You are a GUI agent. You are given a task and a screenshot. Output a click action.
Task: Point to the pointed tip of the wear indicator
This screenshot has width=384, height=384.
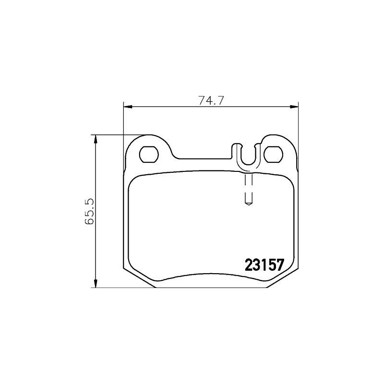(x=249, y=204)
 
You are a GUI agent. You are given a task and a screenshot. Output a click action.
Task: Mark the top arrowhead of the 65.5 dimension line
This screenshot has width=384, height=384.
(x=96, y=139)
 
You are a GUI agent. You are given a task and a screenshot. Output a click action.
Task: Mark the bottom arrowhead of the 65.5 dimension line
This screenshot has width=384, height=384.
(x=96, y=284)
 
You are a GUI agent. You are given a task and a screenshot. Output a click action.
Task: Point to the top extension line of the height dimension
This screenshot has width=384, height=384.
(x=120, y=135)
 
